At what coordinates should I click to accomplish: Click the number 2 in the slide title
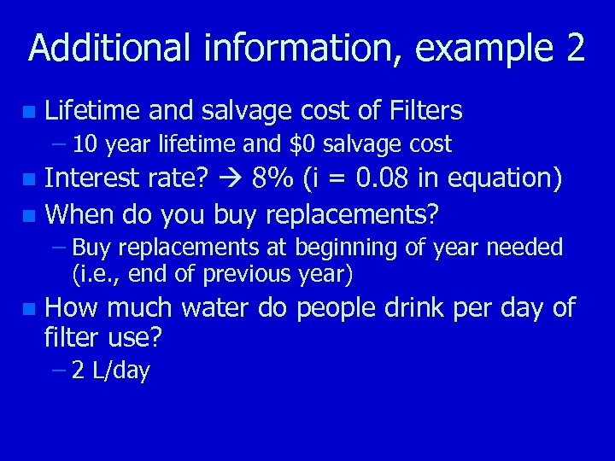point(574,49)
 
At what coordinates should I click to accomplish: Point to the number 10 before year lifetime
point(84,144)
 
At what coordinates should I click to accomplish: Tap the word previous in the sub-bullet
point(246,275)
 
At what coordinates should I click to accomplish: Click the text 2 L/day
point(111,371)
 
